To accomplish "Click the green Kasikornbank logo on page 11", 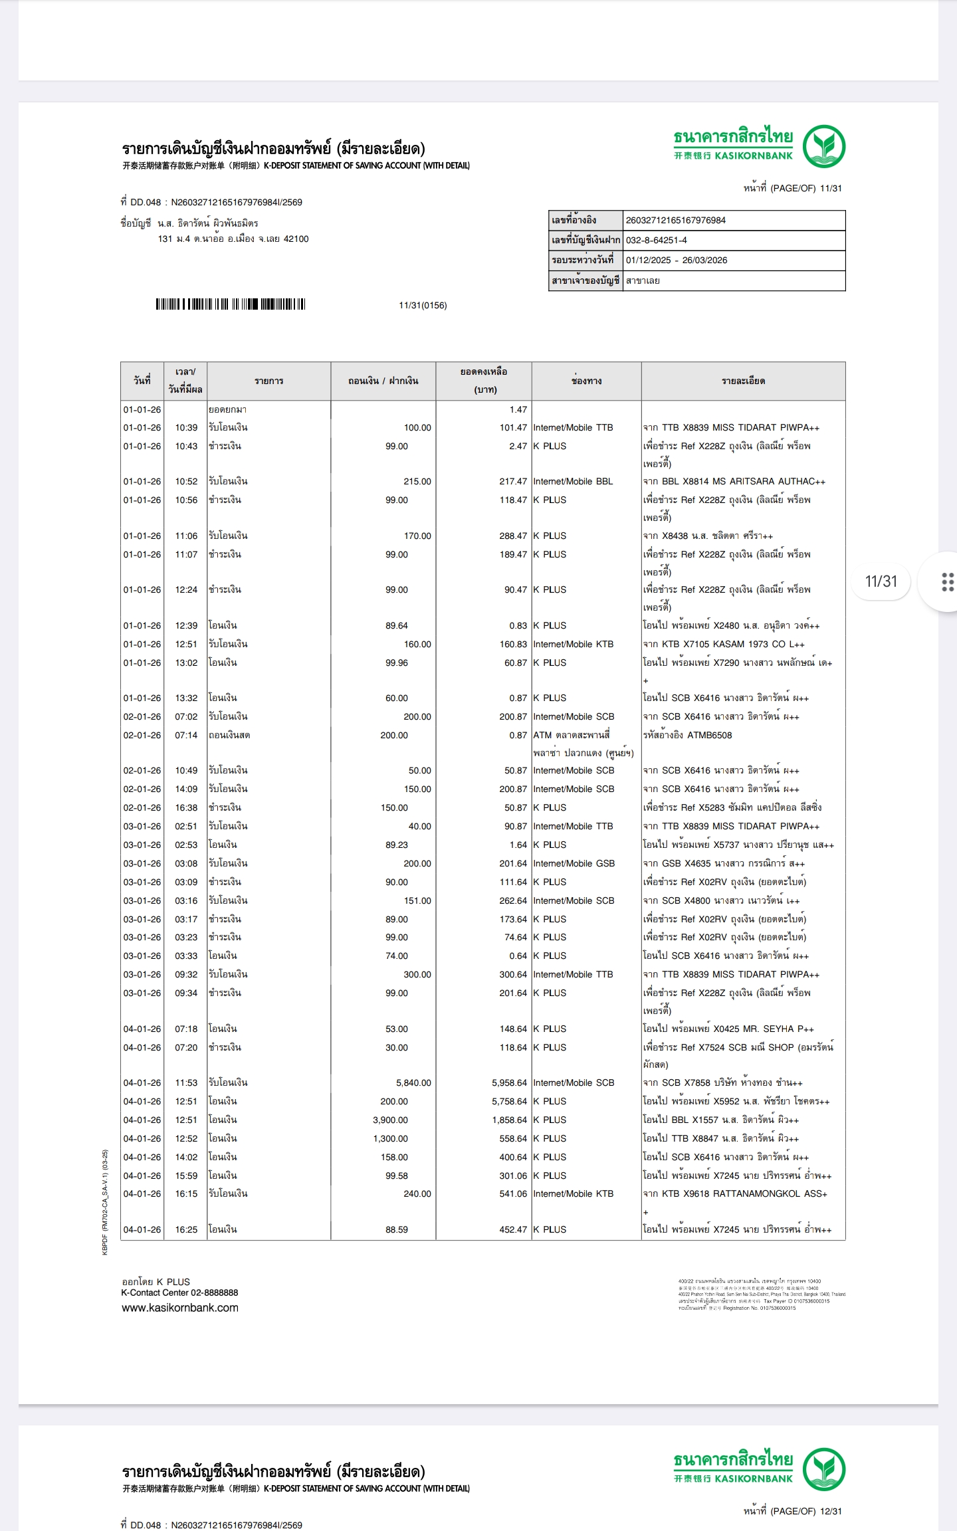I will coord(823,147).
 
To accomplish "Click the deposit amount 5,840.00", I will coord(413,1082).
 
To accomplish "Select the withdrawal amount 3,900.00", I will coord(390,1120).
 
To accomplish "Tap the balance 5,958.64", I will coord(509,1082).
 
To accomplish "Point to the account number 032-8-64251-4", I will coord(656,240).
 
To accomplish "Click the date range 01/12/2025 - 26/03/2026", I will coord(676,260).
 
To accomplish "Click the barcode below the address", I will coord(231,304).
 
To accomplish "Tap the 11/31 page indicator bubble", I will coord(881,581).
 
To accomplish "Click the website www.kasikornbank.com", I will coord(179,1308).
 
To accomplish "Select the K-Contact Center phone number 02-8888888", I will coord(214,1292).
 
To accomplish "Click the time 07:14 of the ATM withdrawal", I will coord(186,735).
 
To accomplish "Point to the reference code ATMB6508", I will coord(710,735).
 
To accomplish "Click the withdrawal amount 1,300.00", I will coord(390,1138).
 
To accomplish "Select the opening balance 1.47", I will coord(518,409).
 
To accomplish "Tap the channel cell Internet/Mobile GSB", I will coord(574,863).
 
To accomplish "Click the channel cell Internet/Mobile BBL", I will coord(573,481).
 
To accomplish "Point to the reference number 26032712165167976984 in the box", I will coord(675,220).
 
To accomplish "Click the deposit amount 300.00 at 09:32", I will coord(417,974).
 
